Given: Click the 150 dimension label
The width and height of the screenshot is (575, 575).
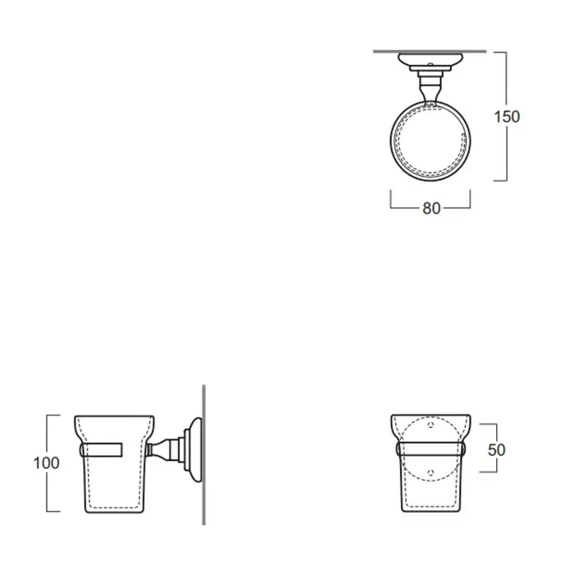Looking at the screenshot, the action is [507, 117].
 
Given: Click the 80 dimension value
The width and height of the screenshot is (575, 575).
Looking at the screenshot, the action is [431, 209].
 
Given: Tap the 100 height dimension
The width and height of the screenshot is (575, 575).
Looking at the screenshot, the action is [46, 462].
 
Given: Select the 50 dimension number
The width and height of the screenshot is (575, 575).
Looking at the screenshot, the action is [496, 450].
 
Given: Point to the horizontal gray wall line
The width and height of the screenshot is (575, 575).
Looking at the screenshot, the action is [430, 52].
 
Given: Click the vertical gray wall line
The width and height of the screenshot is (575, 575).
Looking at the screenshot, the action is [204, 455].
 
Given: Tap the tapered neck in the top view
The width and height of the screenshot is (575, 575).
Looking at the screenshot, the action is [430, 92].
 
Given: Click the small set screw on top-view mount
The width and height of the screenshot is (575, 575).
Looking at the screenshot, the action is [430, 65].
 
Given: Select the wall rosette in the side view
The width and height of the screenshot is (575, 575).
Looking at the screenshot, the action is [194, 449].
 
